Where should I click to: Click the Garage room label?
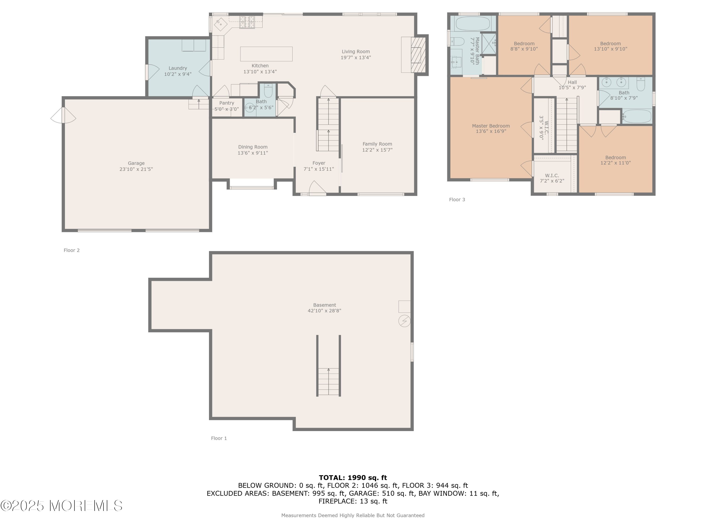[136, 163]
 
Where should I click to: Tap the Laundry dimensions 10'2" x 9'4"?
[178, 74]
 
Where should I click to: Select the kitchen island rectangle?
[266, 54]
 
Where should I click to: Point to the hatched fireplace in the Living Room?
[418, 55]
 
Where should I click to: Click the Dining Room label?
[253, 147]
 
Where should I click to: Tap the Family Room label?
[377, 144]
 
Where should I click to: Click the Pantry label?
[227, 103]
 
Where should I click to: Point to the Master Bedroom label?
[491, 126]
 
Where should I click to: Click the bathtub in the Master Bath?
[472, 24]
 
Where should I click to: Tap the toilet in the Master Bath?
[457, 41]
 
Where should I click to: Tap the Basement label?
[325, 305]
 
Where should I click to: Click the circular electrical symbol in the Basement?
[404, 321]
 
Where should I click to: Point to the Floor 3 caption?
[457, 200]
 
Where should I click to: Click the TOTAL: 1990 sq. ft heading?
[353, 478]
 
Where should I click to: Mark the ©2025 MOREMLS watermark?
[61, 506]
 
